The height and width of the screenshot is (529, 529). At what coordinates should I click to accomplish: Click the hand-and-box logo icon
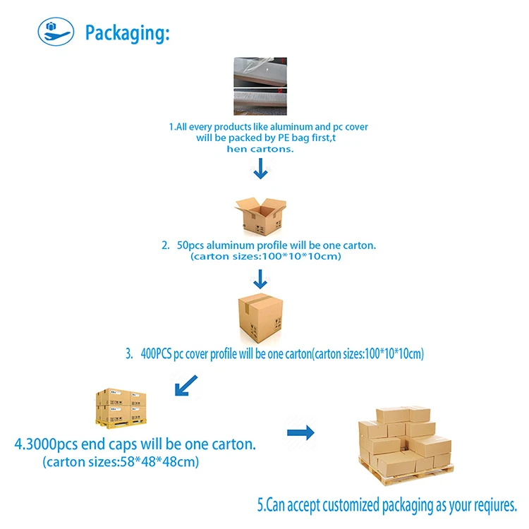click(x=56, y=31)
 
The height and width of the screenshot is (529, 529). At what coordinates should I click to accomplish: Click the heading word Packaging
click(x=127, y=32)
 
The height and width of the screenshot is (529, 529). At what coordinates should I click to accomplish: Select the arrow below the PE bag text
click(x=261, y=169)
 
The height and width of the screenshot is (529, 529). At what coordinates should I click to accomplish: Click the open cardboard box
click(x=261, y=214)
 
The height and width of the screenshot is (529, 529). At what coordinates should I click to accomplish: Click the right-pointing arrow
click(x=300, y=432)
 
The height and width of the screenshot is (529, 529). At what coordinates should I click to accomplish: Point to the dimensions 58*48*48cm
click(x=159, y=463)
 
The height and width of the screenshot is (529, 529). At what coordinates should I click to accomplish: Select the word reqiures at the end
click(x=490, y=504)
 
